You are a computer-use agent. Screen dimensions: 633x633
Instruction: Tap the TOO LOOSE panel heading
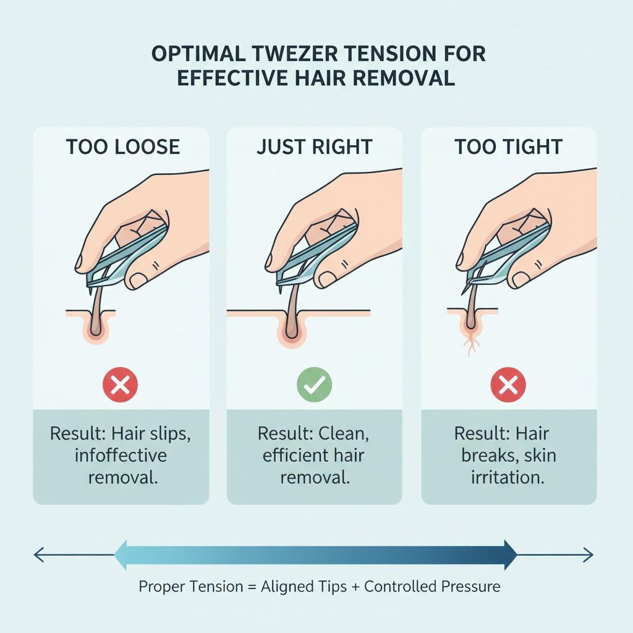coord(123,147)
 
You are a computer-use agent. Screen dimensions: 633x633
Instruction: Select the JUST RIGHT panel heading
coord(315,147)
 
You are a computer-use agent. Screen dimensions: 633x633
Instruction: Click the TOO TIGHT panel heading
coord(509,147)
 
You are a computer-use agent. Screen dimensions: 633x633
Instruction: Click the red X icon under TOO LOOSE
coord(121,384)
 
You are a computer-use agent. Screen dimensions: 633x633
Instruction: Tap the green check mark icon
coord(315,384)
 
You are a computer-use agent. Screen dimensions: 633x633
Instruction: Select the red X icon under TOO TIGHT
coord(508,384)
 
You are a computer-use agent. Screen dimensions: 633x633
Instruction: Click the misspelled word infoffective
coord(121,456)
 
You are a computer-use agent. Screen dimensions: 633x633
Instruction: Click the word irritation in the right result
coord(508,478)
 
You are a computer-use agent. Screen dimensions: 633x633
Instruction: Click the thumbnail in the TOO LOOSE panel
coord(138,280)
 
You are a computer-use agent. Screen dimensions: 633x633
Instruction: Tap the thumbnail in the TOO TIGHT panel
coord(520,279)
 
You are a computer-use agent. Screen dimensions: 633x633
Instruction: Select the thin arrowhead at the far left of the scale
coord(39,554)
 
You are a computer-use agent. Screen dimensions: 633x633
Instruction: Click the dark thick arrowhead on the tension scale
coord(510,554)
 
